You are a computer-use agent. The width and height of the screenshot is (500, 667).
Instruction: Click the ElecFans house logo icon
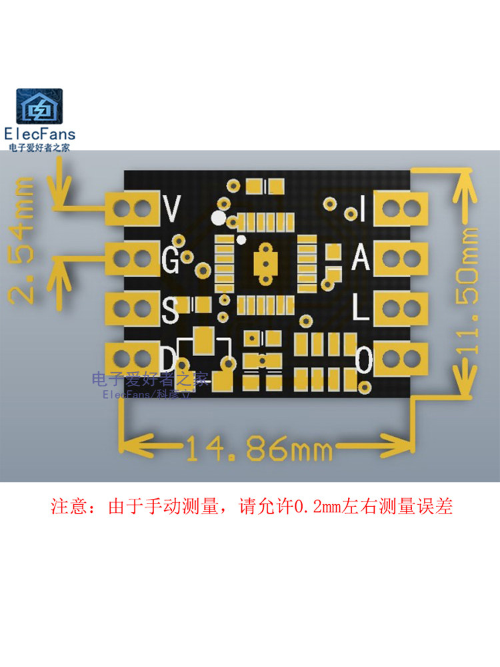[39, 106]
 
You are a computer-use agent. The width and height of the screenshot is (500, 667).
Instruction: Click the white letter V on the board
[172, 208]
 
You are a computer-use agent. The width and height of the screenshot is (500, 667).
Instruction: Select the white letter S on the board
[170, 309]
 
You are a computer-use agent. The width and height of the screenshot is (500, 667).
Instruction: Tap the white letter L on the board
[361, 308]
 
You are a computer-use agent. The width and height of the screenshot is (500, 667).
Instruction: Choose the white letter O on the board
[364, 360]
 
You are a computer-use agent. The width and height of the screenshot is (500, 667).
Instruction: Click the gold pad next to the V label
[133, 208]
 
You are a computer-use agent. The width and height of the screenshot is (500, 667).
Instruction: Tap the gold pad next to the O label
[400, 359]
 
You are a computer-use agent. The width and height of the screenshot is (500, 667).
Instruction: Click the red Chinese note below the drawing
[252, 507]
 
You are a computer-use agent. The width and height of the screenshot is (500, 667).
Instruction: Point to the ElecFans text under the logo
[40, 134]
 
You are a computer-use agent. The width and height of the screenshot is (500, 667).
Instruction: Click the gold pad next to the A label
[400, 258]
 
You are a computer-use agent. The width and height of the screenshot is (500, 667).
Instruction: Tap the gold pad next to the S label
[133, 308]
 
